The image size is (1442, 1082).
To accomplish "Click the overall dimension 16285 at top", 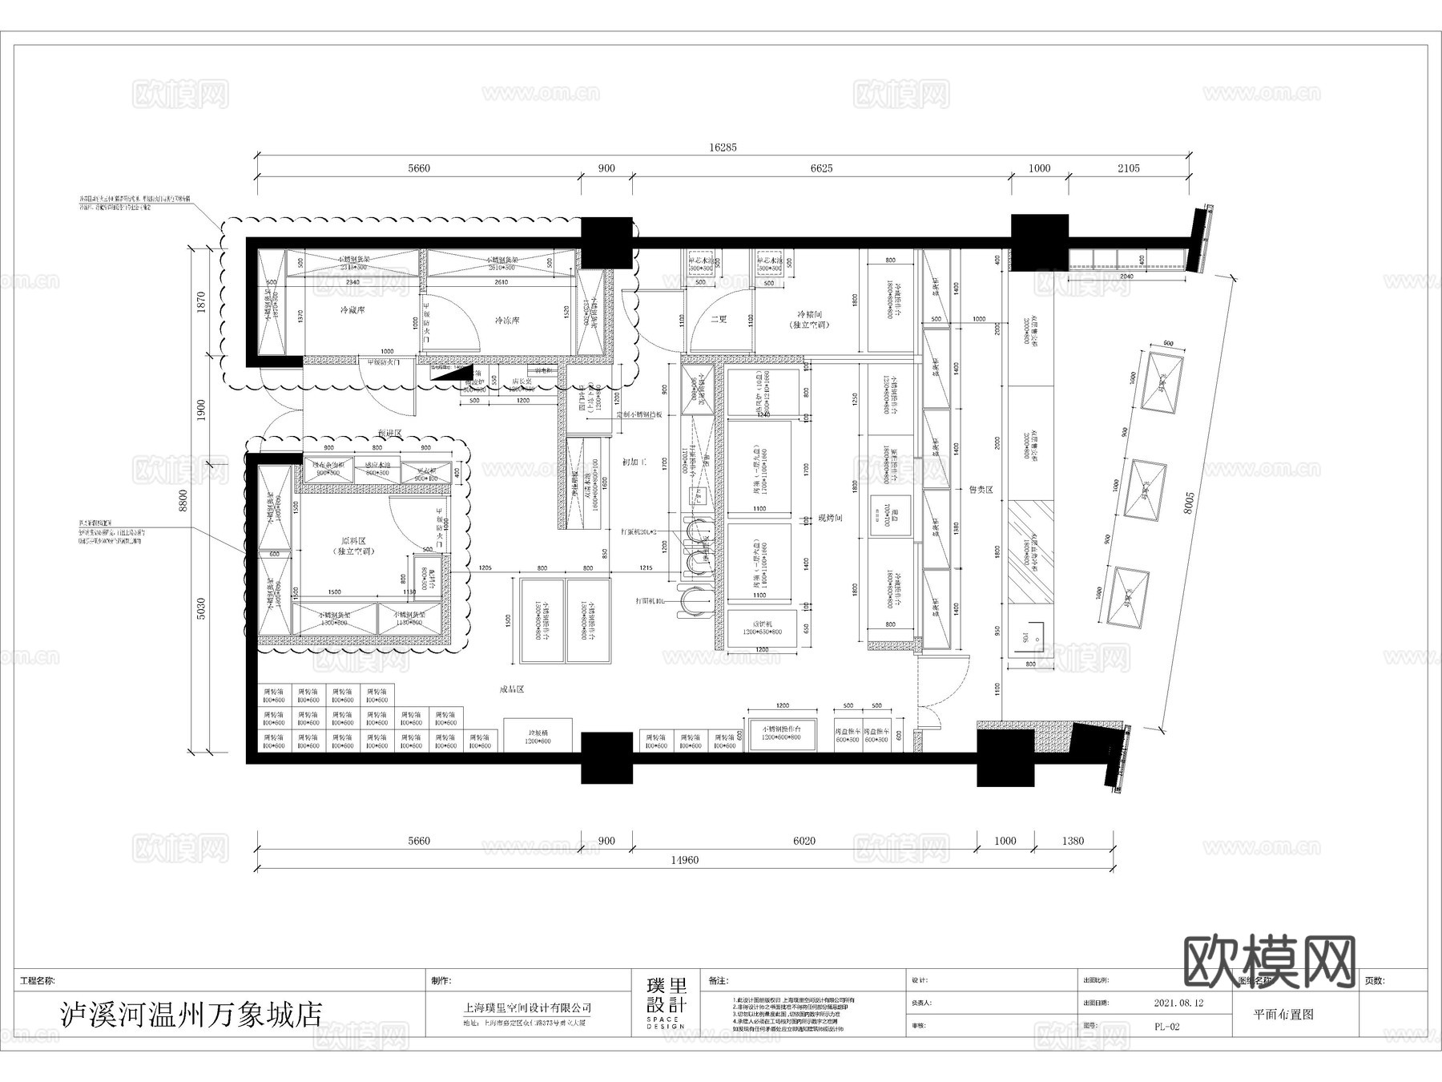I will pos(723,147).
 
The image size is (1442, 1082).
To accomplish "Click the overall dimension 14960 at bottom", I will pos(684,860).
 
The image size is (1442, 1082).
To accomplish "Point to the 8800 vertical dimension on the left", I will pos(183,500).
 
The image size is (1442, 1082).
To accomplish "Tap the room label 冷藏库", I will pos(352,310).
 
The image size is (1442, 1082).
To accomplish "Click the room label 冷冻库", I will pos(506,321).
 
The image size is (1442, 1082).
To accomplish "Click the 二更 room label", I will pos(719,319).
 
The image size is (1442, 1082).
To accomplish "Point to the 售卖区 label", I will pos(981,489).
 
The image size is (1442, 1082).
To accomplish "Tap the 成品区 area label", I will pos(511,689).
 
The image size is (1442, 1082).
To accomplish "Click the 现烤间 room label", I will pos(830,519).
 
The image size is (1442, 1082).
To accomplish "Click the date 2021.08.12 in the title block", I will pos(1178,1003).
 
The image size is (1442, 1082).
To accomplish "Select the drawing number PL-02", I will pos(1166,1026).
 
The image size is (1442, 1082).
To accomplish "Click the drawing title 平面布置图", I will pos(1283,1014).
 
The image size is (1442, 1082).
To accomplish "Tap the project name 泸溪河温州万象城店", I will pos(191,1015).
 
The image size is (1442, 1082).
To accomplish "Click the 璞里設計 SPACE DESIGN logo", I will pos(667,1003).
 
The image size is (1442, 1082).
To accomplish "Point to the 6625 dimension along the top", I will pos(821,168).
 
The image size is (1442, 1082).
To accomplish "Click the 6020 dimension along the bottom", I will pos(804,841).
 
